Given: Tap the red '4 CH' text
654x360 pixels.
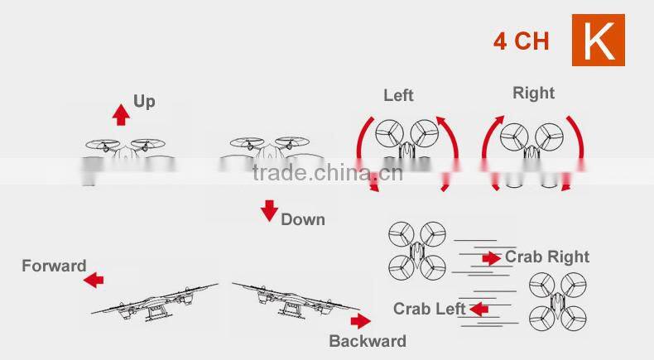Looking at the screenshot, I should click(x=521, y=41).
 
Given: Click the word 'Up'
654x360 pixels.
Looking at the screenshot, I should click(x=144, y=101).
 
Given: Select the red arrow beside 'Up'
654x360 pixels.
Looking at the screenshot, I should click(x=121, y=113).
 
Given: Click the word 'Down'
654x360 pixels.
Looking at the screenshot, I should click(x=302, y=219).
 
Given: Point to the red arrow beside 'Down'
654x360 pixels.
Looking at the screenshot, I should click(x=269, y=210).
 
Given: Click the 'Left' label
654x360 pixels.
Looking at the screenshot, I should click(x=398, y=95).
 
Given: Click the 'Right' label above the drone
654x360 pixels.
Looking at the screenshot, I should click(x=533, y=92).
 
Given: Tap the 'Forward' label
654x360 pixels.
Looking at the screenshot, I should click(x=54, y=266).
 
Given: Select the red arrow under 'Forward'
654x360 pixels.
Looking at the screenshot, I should click(x=94, y=280).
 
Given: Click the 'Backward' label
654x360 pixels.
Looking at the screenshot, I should click(x=368, y=341).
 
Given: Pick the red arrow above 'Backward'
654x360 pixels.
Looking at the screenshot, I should click(x=360, y=321).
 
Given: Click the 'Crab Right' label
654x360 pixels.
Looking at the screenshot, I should click(x=547, y=257).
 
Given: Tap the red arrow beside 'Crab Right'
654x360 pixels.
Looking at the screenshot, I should click(x=491, y=258).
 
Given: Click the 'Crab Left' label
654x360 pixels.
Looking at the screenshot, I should click(x=429, y=309).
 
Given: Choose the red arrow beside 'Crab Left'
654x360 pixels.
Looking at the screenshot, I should click(x=478, y=310).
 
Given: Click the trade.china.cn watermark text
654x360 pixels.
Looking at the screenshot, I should click(x=327, y=173).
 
